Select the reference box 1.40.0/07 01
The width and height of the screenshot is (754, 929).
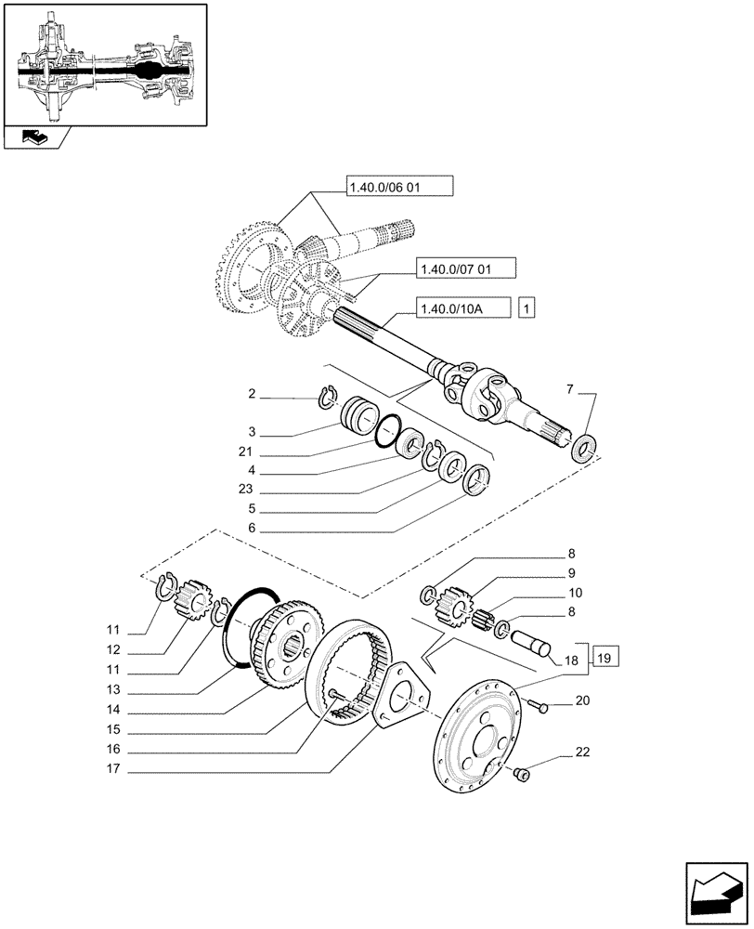(x=461, y=269)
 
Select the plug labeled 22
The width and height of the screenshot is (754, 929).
(x=521, y=772)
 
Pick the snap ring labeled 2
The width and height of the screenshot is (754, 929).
(x=327, y=397)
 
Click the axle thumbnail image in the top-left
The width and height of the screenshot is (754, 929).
(x=103, y=63)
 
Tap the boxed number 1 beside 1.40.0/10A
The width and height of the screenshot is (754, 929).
(x=527, y=307)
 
